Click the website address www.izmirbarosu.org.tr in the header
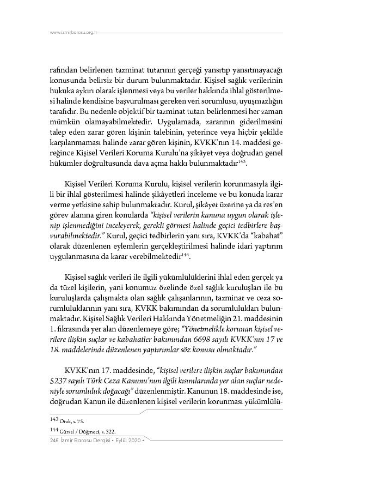73,33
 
